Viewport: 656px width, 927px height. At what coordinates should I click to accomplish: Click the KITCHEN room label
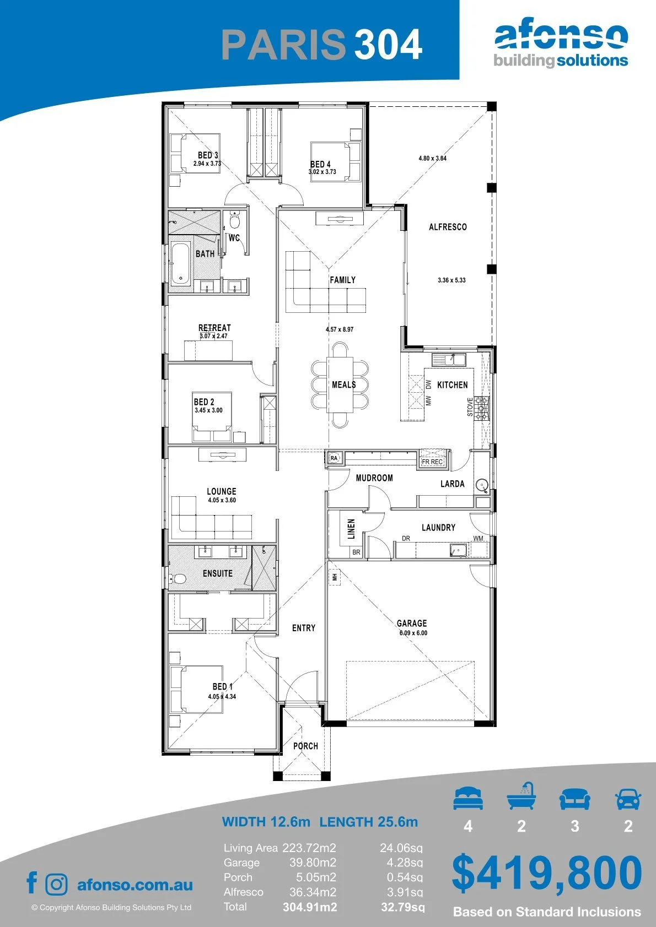click(452, 385)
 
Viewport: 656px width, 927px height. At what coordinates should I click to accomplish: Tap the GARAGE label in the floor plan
click(412, 623)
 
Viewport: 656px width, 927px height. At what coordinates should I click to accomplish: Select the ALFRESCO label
click(448, 227)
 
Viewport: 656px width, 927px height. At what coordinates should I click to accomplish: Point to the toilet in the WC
click(234, 220)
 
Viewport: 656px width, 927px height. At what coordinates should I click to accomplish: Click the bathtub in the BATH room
click(181, 263)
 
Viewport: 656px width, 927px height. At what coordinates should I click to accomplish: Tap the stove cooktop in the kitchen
click(482, 408)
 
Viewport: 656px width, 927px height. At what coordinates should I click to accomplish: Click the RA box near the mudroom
click(334, 458)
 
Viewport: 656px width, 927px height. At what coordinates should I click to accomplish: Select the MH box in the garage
click(335, 577)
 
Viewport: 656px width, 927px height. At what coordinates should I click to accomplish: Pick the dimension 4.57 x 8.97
click(340, 329)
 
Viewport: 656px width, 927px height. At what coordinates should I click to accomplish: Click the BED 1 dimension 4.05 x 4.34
click(222, 697)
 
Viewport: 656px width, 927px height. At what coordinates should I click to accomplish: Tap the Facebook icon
click(32, 882)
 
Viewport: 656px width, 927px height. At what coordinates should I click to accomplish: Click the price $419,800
click(547, 873)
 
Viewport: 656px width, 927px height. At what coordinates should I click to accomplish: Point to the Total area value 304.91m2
click(310, 907)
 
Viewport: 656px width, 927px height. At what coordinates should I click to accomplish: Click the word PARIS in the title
click(284, 44)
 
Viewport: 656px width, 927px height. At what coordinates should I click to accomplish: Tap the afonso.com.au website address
click(135, 885)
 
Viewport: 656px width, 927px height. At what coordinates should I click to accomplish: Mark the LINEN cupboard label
click(351, 528)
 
